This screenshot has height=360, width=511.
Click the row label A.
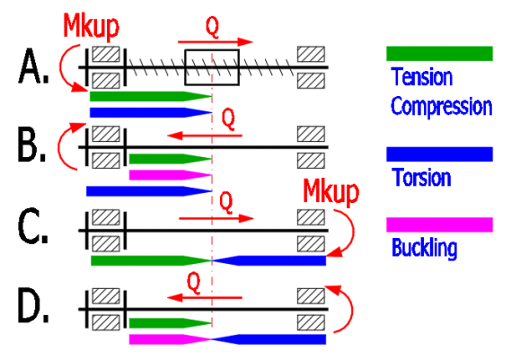[33, 66]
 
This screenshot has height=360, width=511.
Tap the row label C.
[33, 226]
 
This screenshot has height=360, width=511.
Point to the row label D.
[33, 305]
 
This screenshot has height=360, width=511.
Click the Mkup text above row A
[92, 26]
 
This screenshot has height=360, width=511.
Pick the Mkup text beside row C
[330, 192]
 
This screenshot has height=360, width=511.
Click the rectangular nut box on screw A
[212, 67]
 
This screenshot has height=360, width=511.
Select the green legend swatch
[439, 54]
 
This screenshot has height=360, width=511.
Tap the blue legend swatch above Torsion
[439, 154]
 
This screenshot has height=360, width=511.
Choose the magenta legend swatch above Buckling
[439, 224]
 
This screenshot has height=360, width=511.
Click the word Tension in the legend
[422, 77]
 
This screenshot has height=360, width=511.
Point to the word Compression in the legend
[441, 106]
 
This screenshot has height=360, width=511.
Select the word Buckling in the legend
[424, 249]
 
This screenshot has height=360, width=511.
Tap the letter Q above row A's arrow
[212, 27]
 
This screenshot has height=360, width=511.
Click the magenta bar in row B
[171, 175]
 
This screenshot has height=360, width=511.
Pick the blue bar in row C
[269, 260]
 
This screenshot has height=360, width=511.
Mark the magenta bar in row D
[171, 339]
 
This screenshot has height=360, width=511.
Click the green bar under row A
[151, 96]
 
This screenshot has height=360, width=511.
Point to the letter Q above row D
[194, 283]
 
